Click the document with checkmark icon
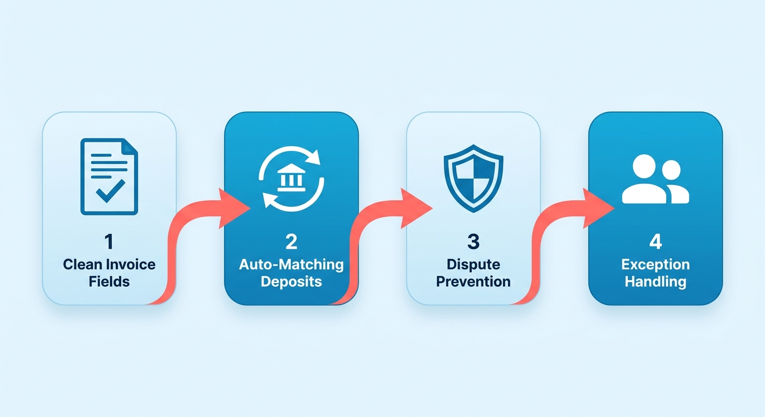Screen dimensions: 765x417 pos(109,176)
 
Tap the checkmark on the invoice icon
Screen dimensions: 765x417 pos(110,191)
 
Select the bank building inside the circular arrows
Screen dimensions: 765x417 pos(291,178)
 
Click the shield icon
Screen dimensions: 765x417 pos(473,178)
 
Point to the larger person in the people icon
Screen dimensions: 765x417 pos(644,180)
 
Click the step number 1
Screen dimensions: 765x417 pos(109,242)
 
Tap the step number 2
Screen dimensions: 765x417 pos(291,242)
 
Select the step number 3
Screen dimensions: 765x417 pos(473,242)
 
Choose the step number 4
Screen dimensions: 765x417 pos(656,242)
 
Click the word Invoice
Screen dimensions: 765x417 pos(131,264)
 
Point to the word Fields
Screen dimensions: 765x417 pos(109,281)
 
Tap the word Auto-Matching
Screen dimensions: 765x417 pos(291,265)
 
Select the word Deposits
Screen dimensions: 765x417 pos(291,282)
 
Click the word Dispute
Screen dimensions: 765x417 pos(473,265)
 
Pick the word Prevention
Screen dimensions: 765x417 pos(473,281)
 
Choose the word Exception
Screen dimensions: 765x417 pos(656,265)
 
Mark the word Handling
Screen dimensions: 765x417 pos(656,282)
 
